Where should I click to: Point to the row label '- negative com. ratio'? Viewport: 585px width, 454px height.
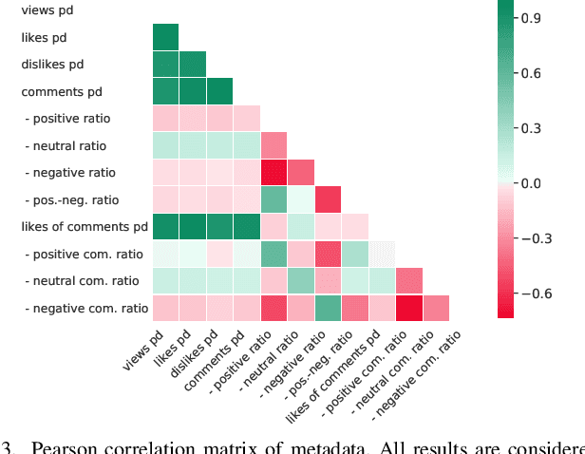(87, 309)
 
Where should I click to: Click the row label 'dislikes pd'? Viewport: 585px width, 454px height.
(54, 65)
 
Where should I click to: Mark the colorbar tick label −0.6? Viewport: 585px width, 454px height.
(536, 293)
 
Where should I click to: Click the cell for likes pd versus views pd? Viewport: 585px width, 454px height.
(166, 37)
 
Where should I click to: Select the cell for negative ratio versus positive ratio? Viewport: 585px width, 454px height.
(274, 173)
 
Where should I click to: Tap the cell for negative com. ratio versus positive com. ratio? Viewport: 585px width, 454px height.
(409, 309)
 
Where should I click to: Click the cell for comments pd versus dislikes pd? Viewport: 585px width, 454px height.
(220, 91)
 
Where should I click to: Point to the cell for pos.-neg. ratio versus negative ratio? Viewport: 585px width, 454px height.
(329, 200)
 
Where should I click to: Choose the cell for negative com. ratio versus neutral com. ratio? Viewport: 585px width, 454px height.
(437, 309)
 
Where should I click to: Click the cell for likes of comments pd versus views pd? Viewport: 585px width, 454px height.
(166, 227)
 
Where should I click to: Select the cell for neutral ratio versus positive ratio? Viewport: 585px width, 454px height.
(274, 145)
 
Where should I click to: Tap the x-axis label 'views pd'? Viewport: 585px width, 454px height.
(142, 351)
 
